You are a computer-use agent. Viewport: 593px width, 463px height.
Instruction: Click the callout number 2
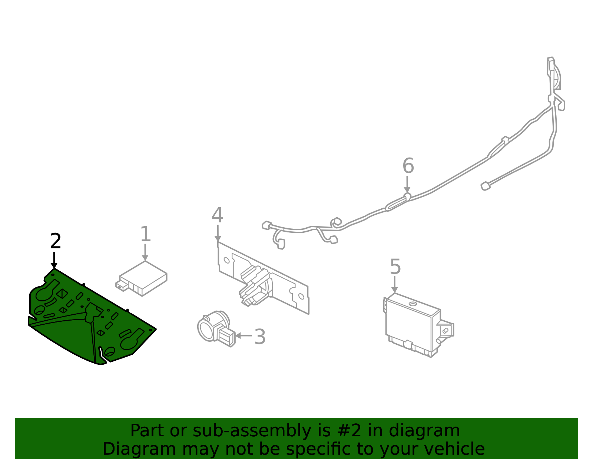click(x=55, y=241)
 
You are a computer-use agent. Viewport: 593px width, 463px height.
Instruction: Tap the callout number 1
click(x=145, y=234)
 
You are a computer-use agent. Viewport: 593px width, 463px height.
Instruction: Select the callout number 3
click(x=260, y=337)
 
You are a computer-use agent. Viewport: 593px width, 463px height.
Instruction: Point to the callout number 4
click(x=217, y=215)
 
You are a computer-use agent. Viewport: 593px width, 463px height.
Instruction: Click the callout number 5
click(x=395, y=267)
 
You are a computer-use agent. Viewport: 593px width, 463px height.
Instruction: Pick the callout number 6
click(x=408, y=166)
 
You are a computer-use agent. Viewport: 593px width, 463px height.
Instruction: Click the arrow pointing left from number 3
click(x=243, y=336)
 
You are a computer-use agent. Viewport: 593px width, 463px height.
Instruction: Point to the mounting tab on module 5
click(x=445, y=330)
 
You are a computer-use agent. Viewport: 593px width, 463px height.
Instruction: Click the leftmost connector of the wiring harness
click(x=266, y=225)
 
